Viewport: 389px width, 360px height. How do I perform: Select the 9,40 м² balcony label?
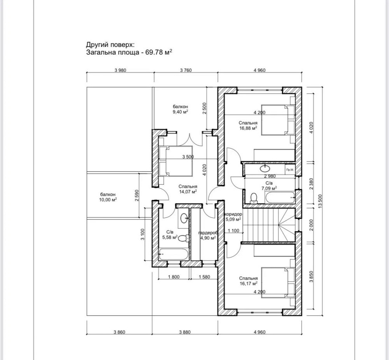180,109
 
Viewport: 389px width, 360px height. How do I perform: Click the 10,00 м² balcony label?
108,197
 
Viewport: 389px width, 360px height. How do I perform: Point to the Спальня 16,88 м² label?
248,125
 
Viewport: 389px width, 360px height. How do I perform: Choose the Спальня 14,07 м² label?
188,189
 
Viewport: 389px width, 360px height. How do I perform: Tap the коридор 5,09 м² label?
233,217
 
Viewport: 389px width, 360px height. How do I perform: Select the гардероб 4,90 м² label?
207,235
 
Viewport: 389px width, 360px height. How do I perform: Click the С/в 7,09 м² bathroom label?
268,185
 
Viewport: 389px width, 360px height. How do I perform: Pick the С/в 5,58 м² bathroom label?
170,234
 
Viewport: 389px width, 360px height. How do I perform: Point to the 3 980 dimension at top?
121,70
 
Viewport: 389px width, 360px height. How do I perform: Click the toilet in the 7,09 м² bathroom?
254,198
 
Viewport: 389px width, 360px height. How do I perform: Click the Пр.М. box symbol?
289,170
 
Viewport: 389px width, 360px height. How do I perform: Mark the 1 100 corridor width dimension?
233,231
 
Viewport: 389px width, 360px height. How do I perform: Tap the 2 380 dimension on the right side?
311,183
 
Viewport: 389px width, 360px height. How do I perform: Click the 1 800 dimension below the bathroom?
173,277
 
